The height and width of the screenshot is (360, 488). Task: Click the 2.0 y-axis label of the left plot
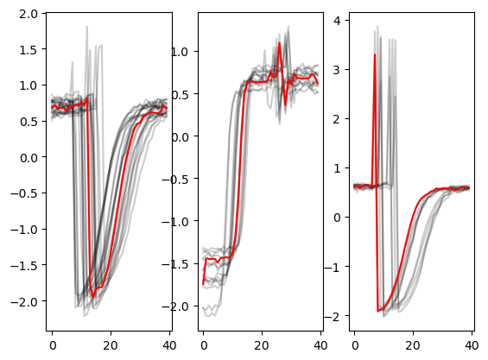coord(29,14)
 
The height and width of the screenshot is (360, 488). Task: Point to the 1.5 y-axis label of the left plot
coord(29,49)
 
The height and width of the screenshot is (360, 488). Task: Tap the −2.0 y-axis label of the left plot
coord(24,301)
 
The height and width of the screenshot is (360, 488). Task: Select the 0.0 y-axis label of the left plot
coord(29,158)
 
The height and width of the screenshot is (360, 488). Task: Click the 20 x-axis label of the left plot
coord(111,345)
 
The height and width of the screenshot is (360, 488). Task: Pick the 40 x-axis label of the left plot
coord(169,345)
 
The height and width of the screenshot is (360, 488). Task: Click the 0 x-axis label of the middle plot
coord(204,345)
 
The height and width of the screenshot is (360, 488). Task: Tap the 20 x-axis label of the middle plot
coord(262,345)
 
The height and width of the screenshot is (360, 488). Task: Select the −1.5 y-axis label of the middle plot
coord(175,264)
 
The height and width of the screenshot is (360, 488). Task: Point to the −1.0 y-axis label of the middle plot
coord(175,222)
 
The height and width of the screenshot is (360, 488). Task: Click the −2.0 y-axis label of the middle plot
coord(175,306)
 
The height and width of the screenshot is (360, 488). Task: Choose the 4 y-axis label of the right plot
coord(337,21)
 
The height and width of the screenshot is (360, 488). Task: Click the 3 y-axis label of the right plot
coord(337,70)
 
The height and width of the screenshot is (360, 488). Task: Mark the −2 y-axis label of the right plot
coord(333,317)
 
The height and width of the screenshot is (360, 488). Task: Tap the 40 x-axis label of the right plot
coord(472,345)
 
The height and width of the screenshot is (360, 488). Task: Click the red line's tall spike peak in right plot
coord(375,54)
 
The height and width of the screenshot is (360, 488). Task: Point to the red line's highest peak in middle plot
coord(280,42)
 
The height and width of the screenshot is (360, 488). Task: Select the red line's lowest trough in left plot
coord(92,298)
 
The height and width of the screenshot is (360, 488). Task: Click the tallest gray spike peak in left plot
coord(87,26)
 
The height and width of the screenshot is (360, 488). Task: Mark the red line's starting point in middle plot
coord(203,284)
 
